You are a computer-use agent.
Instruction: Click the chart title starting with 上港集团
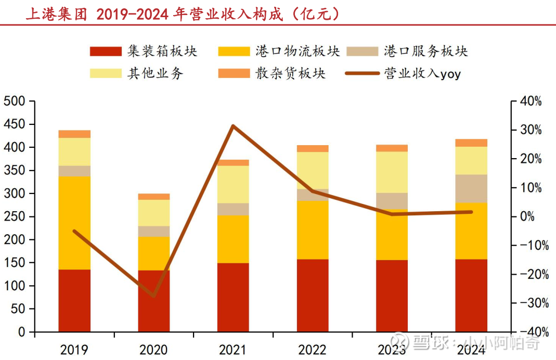pyautogui.click(x=183, y=14)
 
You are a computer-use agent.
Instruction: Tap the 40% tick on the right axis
pyautogui.click(x=531, y=101)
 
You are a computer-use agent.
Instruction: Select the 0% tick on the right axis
pyautogui.click(x=528, y=216)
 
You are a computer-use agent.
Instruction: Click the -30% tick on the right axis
pyautogui.click(x=531, y=303)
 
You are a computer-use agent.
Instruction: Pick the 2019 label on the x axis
pyautogui.click(x=74, y=350)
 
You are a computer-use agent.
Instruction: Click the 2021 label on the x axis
pyautogui.click(x=232, y=350)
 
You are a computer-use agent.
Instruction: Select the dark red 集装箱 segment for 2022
pyautogui.click(x=313, y=295)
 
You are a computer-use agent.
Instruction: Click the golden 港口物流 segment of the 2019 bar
pyautogui.click(x=74, y=223)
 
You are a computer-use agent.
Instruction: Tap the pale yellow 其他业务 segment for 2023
pyautogui.click(x=392, y=172)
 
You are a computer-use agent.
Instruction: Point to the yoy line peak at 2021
pyautogui.click(x=233, y=126)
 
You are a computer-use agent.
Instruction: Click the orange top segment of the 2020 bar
pyautogui.click(x=154, y=197)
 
